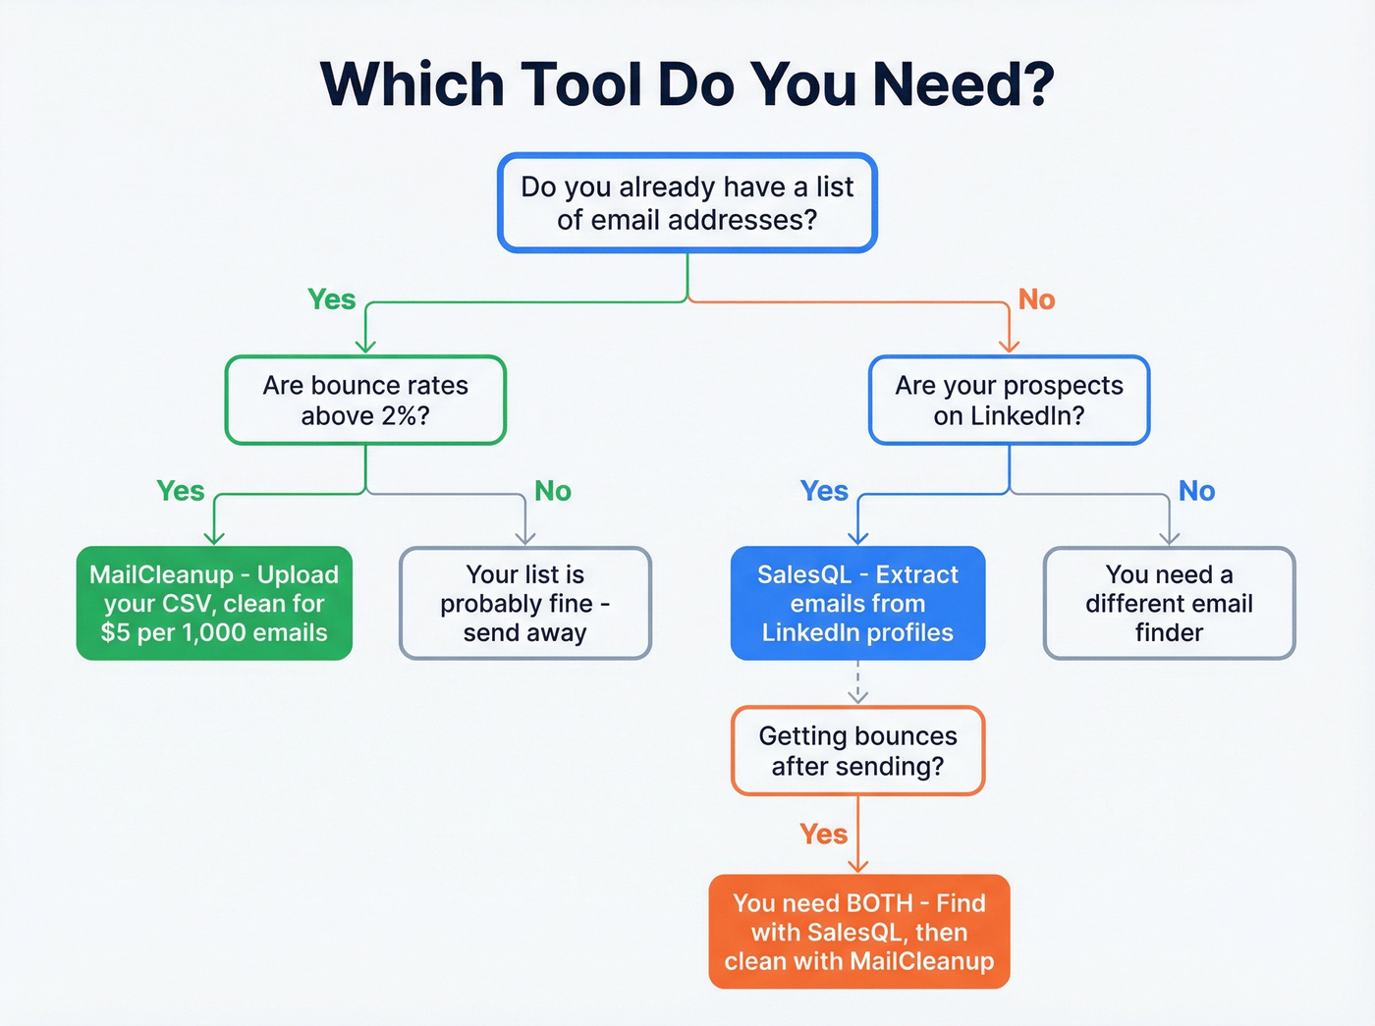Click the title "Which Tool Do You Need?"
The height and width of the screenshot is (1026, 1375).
click(x=687, y=84)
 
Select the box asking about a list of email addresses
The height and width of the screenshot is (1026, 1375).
click(x=687, y=203)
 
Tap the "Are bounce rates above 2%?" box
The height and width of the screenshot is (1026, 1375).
click(x=365, y=400)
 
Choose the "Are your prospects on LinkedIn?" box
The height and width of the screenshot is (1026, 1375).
click(x=1009, y=400)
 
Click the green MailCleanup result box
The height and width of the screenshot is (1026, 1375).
click(x=214, y=603)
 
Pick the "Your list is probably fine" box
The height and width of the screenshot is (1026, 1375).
click(x=525, y=603)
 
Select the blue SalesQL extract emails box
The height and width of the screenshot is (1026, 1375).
click(x=857, y=603)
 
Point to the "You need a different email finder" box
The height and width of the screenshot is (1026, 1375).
click(x=1169, y=603)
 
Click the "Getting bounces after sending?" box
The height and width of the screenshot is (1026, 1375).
click(x=857, y=750)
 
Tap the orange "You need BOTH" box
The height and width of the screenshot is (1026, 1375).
click(x=859, y=931)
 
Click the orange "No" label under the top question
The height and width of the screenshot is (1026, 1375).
click(x=1036, y=299)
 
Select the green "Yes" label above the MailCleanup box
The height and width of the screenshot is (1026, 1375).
click(x=181, y=491)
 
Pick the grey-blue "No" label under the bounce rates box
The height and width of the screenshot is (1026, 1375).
click(x=553, y=491)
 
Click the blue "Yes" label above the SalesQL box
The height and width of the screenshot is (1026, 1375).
click(x=824, y=491)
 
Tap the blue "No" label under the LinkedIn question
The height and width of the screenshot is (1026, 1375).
click(x=1196, y=491)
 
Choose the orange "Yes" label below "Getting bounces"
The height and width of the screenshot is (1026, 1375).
click(x=823, y=835)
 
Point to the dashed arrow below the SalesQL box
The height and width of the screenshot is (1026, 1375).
click(x=857, y=683)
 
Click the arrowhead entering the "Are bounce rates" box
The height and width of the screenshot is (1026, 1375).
click(x=365, y=345)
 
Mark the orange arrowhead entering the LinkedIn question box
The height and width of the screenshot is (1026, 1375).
click(x=1009, y=345)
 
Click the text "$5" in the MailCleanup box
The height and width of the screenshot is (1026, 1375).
click(x=115, y=632)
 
